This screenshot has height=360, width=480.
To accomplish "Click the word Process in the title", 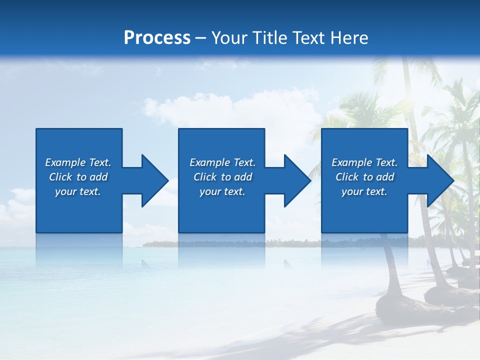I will pos(157,38).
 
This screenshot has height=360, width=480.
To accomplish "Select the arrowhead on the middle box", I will pos(295,180).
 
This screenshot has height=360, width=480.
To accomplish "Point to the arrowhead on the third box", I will pos(438,180).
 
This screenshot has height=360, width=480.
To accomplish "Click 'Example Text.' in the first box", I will pos(78,162).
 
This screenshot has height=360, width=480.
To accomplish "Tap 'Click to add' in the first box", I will pos(78,177).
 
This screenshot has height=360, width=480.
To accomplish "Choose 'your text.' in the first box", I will pos(78,191).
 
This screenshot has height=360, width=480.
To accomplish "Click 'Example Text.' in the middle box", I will pos(222,162).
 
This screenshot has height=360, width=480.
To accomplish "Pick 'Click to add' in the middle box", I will pos(222,177).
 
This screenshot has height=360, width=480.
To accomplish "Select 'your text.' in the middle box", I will pos(222,191).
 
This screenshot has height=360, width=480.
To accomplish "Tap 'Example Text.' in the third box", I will pos(364,162).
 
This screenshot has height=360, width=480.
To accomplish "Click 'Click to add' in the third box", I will pos(364,177).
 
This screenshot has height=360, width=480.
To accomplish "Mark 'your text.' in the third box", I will pos(364,191).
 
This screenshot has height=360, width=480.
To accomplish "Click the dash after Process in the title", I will pos(200,38).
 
